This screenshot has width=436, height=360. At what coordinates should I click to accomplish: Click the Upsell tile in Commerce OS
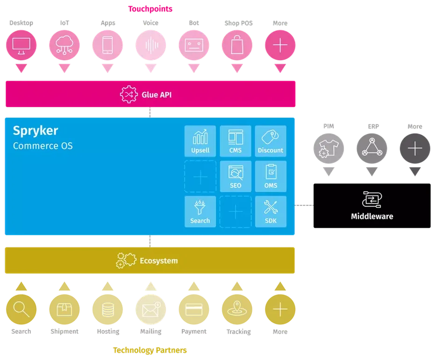click(x=200, y=141)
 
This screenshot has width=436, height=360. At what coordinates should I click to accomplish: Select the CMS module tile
click(x=235, y=141)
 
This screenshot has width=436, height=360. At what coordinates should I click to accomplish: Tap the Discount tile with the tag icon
click(x=271, y=141)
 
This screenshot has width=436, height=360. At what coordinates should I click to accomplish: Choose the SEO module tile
click(x=235, y=176)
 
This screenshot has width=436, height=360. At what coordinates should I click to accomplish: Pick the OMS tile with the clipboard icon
click(x=271, y=176)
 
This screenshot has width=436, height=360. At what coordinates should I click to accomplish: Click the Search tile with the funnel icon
click(x=200, y=211)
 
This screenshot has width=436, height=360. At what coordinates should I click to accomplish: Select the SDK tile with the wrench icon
click(x=271, y=211)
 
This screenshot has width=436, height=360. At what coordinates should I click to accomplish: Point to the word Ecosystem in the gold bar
click(x=159, y=261)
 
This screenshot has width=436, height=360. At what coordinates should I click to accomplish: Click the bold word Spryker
click(x=36, y=130)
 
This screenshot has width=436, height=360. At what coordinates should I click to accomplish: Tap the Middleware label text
click(x=372, y=216)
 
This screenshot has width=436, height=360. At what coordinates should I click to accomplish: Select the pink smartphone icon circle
click(x=107, y=45)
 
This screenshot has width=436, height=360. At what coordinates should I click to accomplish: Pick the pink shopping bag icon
click(x=236, y=45)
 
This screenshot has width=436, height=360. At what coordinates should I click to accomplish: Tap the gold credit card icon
click(x=193, y=309)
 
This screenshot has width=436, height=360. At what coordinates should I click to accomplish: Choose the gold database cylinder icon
click(x=107, y=309)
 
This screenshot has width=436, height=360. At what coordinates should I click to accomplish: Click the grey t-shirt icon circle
click(x=329, y=149)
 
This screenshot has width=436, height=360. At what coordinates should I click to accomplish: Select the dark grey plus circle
click(x=415, y=149)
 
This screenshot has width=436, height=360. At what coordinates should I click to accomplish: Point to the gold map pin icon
click(x=236, y=309)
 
